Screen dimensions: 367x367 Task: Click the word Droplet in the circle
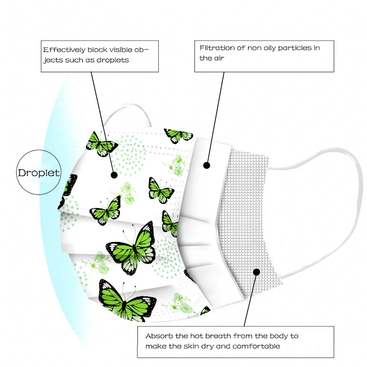[39, 173]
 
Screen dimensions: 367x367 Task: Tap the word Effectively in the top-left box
[64, 50]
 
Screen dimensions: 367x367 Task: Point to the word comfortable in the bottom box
[256, 346]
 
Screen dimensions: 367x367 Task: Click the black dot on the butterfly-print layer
[114, 175]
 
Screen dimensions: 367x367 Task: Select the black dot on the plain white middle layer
[206, 165]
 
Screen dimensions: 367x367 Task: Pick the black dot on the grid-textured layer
[256, 272]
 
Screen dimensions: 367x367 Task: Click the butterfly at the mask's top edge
[178, 135]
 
